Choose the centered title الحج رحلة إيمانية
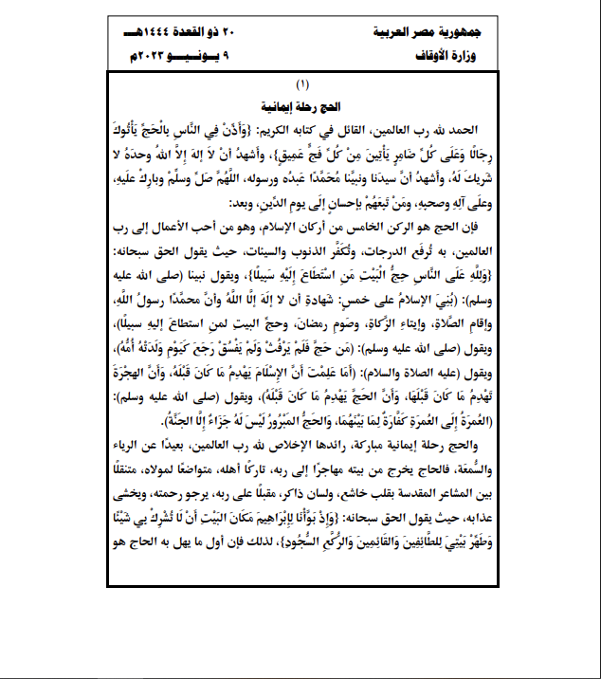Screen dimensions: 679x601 coord(301,106)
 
